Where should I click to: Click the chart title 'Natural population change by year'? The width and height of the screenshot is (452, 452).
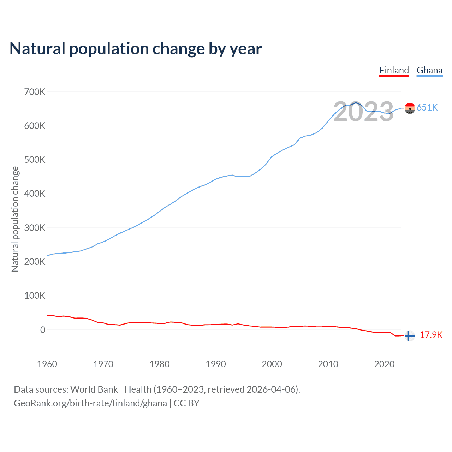136,49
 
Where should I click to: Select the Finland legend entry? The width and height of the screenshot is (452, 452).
394,70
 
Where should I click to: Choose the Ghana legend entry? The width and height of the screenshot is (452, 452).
429,70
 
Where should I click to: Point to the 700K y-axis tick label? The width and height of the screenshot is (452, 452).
35,92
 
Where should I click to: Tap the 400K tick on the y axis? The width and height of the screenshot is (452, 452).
35,194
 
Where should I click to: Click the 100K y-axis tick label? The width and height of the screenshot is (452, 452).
35,296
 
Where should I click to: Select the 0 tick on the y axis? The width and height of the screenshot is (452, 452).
43,330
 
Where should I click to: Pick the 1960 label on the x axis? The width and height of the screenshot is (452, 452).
47,364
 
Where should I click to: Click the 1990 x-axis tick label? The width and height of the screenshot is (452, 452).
216,364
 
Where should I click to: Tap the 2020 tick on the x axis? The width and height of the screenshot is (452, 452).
384,364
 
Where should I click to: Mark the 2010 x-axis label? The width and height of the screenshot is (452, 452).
328,364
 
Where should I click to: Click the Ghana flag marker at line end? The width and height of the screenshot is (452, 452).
410,108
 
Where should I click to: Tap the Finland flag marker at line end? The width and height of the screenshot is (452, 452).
409,336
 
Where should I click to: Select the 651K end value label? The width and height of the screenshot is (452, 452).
427,108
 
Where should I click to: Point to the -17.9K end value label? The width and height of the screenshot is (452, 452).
430,335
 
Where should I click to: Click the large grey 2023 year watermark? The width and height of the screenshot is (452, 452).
363,112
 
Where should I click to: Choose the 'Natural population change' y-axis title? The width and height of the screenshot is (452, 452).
15,219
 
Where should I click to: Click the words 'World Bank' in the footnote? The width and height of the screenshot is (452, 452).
94,389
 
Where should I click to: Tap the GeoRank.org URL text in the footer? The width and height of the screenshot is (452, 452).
90,403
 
